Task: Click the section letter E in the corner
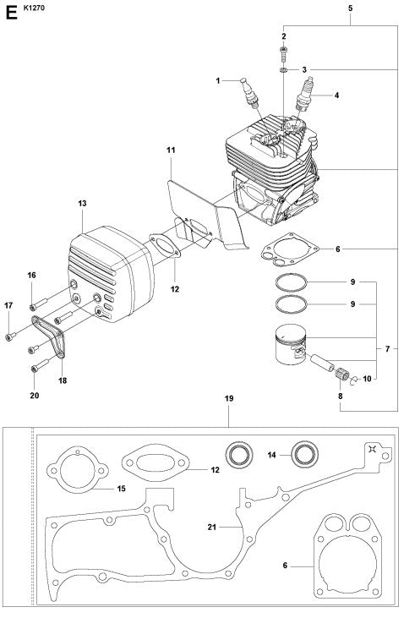[x=11, y=13]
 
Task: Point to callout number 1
[x=218, y=80]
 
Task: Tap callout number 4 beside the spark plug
[x=336, y=96]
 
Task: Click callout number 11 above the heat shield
[x=171, y=150]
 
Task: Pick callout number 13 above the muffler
[x=82, y=204]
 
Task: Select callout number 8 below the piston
[x=340, y=396]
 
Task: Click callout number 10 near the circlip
[x=367, y=379]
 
